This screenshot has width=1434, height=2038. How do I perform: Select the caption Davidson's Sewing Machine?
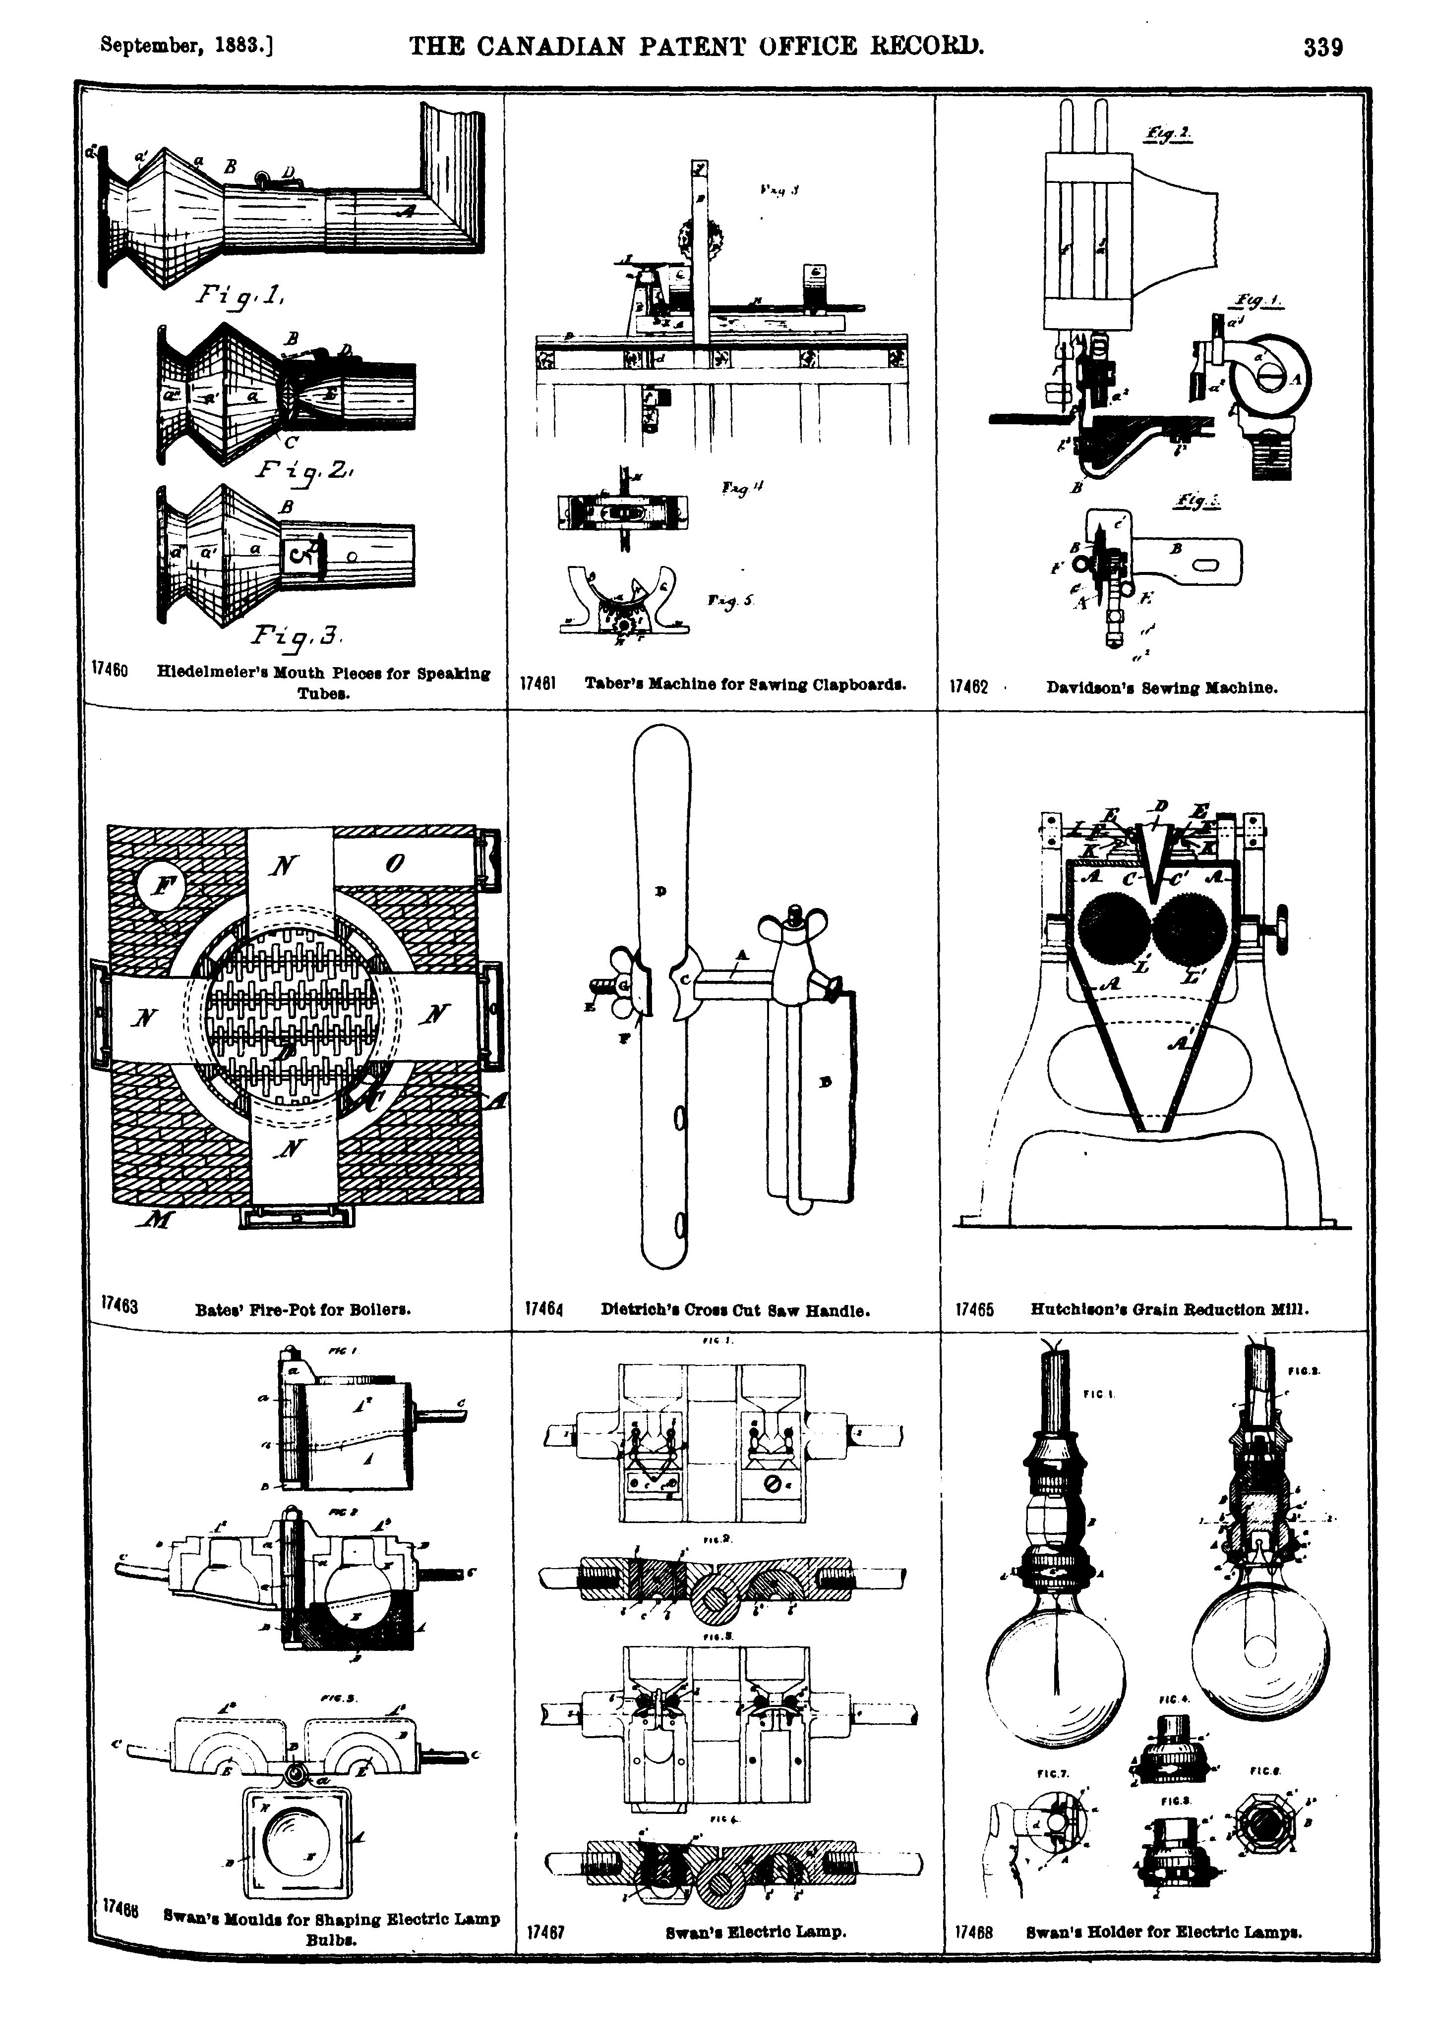(x=1161, y=687)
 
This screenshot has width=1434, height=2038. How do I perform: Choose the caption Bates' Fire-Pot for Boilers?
(x=302, y=1309)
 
